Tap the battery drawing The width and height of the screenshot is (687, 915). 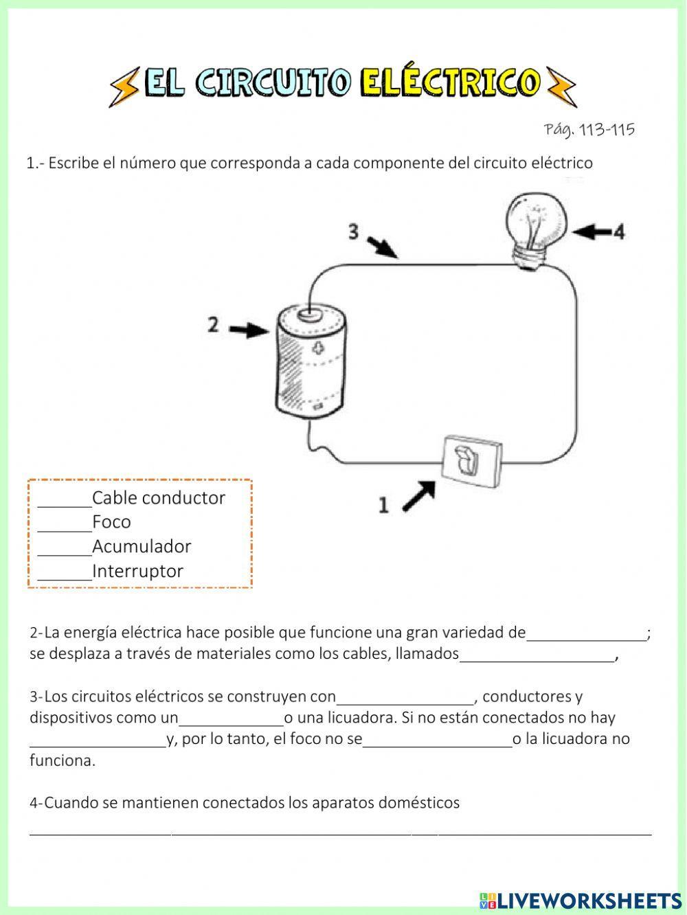coord(311,362)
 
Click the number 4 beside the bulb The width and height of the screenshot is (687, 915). coord(618,232)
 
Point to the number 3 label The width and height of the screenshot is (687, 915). coord(353,232)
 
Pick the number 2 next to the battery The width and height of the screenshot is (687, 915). coord(214,324)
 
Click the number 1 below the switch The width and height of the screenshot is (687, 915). coord(383,506)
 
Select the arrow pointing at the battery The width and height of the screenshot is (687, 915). coord(248,330)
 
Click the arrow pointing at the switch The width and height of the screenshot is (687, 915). coord(418,495)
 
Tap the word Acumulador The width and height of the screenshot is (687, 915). coord(142,547)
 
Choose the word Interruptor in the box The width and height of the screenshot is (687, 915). coord(137,571)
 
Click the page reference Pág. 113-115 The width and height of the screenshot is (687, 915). coord(589,129)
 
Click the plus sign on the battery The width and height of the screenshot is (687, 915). coord(317,348)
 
